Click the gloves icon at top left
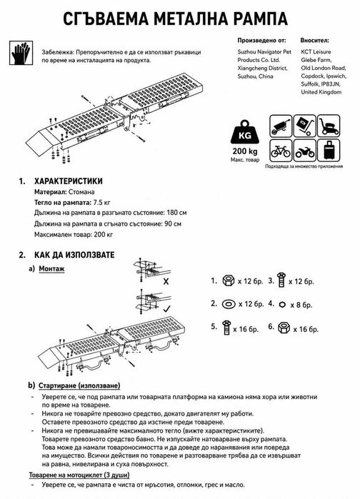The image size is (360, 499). [x=21, y=53]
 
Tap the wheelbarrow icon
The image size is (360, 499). [x=281, y=126]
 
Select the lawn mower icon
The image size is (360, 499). [x=329, y=126]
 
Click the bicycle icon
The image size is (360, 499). [x=281, y=150]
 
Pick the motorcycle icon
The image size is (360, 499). [x=304, y=150]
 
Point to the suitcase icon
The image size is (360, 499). [x=329, y=150]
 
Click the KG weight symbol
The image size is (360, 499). [x=244, y=133]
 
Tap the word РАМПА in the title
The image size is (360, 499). [x=261, y=19]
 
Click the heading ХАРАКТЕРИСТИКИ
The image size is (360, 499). [x=69, y=181]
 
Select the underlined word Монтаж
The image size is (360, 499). [x=51, y=268]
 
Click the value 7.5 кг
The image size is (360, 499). [x=101, y=203]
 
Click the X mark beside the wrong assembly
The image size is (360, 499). [x=166, y=281]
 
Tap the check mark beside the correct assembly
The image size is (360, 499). [x=167, y=308]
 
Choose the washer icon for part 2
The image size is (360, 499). [x=229, y=304]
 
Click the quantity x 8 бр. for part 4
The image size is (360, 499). [x=301, y=306]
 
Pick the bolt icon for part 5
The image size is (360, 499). [x=226, y=328]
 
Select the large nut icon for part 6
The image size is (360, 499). [x=284, y=328]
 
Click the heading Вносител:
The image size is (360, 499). [x=314, y=41]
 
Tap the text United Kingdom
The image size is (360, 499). [x=321, y=92]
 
